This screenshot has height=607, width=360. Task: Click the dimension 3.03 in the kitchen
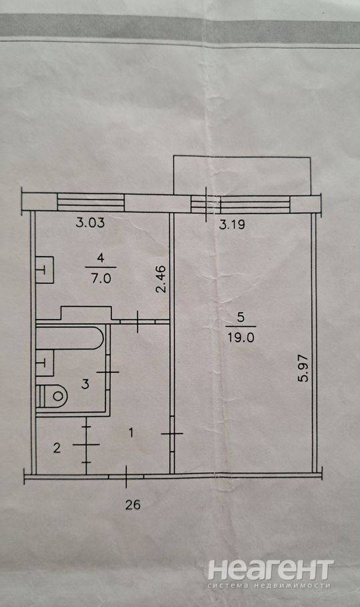coord(90,223)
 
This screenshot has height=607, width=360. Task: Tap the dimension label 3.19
coord(232,225)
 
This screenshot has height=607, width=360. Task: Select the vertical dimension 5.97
coord(304,368)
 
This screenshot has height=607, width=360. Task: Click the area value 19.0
coord(241,338)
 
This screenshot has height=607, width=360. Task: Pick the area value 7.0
coord(101,278)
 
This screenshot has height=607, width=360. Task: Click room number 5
coord(241,318)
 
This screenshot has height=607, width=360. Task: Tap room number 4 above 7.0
coord(101,258)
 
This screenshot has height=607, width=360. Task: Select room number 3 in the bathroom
coord(85,384)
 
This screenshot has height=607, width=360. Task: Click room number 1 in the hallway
coord(131,432)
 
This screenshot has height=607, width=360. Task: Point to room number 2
coord(57,448)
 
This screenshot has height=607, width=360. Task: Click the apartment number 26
coord(133,505)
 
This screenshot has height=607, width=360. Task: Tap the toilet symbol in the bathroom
coord(52,396)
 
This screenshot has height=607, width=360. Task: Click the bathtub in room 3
coord(70,338)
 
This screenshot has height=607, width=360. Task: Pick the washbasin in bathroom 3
coord(45,363)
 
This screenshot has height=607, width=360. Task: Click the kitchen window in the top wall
coord(91,203)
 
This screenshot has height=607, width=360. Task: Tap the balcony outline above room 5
coord(242,156)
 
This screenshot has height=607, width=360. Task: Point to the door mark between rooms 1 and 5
coord(172,434)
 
